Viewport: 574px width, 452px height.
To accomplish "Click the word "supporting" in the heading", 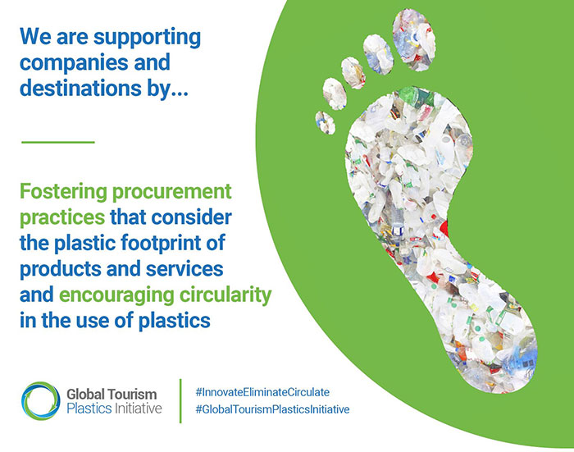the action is [147, 39].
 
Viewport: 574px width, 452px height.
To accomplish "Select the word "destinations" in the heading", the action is [80, 88].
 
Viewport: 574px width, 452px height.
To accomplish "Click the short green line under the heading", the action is [58, 142].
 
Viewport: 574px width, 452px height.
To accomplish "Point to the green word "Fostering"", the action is [63, 192].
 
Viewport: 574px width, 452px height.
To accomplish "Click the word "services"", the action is [184, 269].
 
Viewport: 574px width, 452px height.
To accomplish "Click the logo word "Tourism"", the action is [132, 395].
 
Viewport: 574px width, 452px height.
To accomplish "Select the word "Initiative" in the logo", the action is [139, 408].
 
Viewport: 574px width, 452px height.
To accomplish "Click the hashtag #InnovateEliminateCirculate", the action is [262, 392].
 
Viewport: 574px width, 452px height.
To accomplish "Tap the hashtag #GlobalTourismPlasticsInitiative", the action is [272, 409].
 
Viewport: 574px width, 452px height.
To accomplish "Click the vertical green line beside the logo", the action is [180, 400].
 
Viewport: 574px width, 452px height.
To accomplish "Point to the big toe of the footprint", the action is [413, 39].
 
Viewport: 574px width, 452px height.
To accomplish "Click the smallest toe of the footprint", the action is [325, 123].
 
